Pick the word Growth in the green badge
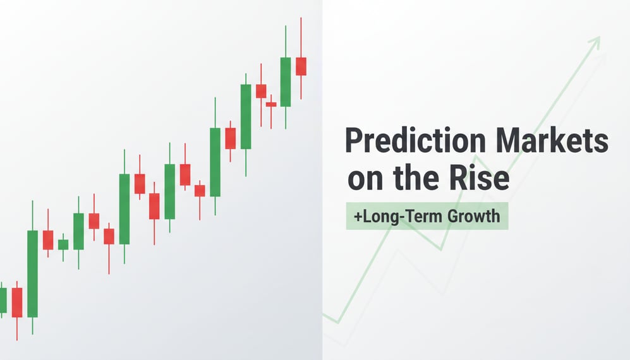pos(473,216)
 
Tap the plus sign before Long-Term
pos(358,217)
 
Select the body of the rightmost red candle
pos(301,66)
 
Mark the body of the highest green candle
pos(286,82)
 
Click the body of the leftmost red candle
pos(17,302)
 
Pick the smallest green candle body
pos(63,244)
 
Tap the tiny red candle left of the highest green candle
pos(271,104)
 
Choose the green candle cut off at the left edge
pos(3,300)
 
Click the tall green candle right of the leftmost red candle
pos(32,273)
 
